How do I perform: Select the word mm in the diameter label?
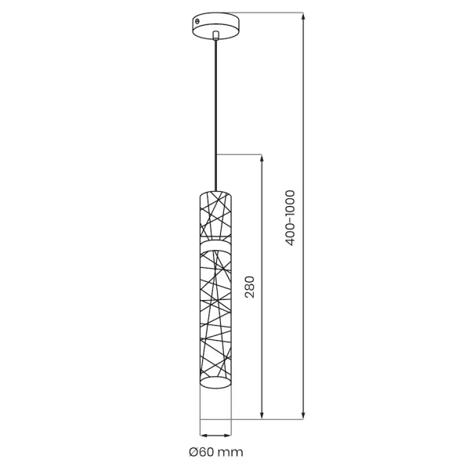[233, 451]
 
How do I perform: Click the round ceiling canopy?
[215, 24]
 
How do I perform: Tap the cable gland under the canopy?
[216, 34]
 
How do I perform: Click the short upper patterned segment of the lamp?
[216, 213]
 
